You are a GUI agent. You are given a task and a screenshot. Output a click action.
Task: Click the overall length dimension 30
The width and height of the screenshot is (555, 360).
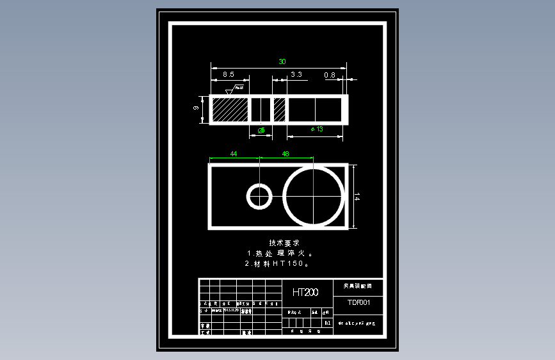click(282, 61)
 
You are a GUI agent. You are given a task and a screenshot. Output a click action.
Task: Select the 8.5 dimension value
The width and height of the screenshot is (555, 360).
click(229, 75)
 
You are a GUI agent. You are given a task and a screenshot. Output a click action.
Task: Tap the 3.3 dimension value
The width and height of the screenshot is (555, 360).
click(296, 75)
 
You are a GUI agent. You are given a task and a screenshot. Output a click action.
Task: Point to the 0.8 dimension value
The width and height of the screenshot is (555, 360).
click(330, 75)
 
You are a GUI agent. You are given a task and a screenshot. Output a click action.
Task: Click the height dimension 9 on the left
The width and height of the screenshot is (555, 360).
click(196, 109)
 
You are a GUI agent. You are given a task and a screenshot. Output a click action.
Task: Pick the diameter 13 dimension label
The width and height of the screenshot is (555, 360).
click(316, 129)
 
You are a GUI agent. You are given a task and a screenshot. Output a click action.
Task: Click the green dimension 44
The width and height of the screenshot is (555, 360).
click(234, 154)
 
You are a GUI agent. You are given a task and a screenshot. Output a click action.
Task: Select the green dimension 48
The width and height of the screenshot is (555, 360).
click(286, 154)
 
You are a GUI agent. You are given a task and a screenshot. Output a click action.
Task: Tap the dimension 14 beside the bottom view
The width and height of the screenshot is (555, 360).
click(357, 198)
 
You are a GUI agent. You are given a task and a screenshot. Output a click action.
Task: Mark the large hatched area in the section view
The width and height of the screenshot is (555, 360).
click(230, 109)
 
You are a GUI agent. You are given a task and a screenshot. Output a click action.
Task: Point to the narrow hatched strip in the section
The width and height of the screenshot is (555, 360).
click(279, 109)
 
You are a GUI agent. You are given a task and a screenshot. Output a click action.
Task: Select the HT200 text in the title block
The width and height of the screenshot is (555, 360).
click(305, 292)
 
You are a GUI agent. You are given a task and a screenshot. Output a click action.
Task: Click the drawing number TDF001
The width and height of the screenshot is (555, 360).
click(359, 302)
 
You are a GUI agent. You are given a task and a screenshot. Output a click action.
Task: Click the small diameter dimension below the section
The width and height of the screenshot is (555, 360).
click(261, 130)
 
